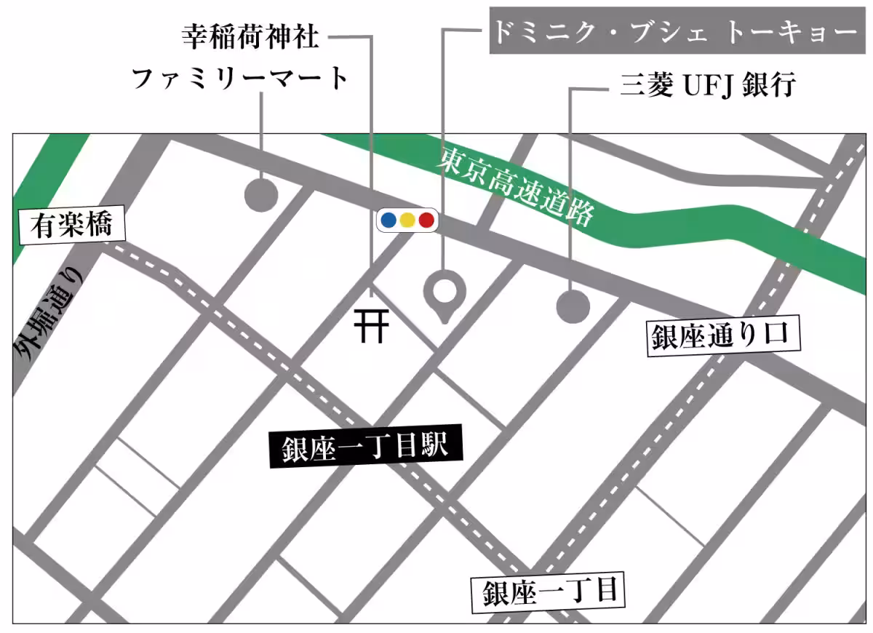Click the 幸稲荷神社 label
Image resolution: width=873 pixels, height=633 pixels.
click(x=250, y=36)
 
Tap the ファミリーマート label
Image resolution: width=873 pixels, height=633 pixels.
click(x=241, y=78)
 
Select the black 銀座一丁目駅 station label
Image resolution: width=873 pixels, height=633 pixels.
click(x=366, y=445)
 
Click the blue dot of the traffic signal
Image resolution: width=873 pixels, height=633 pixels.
click(x=388, y=219)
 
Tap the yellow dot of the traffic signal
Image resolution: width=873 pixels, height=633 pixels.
click(x=407, y=219)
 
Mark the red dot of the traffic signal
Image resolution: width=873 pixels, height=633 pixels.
click(x=426, y=219)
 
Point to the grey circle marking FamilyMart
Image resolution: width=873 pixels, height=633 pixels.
click(x=261, y=195)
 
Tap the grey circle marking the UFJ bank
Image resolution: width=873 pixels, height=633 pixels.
click(x=573, y=306)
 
